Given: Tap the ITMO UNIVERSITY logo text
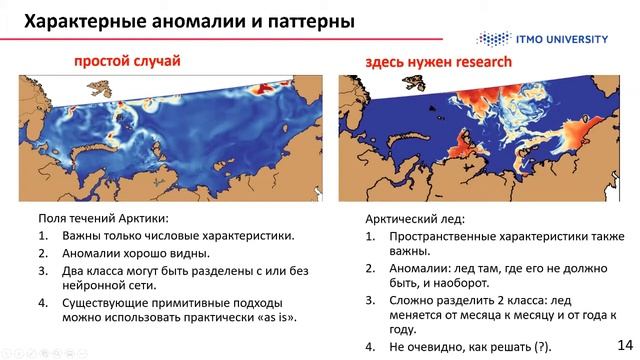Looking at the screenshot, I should [x=572, y=38].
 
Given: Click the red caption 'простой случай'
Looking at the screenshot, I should [x=127, y=62].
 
